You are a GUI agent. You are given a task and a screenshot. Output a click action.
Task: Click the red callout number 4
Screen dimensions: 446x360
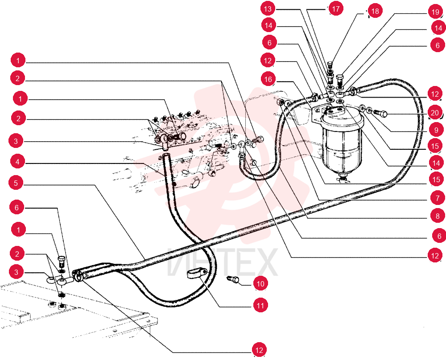tap(18, 162)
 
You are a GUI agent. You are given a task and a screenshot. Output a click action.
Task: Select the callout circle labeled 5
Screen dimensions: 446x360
tap(16, 183)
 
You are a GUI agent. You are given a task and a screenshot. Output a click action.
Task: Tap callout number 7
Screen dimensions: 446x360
tap(438, 198)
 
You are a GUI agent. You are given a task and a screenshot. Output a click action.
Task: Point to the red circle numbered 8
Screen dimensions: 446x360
tap(438, 216)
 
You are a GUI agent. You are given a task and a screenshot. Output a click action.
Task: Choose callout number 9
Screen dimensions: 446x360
tap(436, 130)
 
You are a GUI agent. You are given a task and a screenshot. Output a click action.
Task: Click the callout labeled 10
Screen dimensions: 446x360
tap(260, 283)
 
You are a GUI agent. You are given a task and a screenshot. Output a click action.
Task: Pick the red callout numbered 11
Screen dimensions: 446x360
tap(260, 306)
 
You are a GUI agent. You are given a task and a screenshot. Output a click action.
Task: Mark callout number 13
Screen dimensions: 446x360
tap(268, 9)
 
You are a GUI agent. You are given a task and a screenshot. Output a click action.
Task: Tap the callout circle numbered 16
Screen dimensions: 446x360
tap(268, 79)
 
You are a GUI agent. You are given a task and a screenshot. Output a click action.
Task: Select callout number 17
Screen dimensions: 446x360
tap(336, 8)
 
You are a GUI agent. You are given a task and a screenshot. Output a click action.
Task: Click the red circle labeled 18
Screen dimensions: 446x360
tap(375, 11)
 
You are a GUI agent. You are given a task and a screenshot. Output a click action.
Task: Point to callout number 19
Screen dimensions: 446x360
tap(435, 12)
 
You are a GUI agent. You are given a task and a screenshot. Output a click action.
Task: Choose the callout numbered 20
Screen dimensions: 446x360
tap(434, 113)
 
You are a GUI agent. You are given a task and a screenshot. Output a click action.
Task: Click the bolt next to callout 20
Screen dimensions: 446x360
tap(380, 113)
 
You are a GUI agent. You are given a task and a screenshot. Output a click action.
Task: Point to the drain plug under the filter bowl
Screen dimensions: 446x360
tap(343, 179)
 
